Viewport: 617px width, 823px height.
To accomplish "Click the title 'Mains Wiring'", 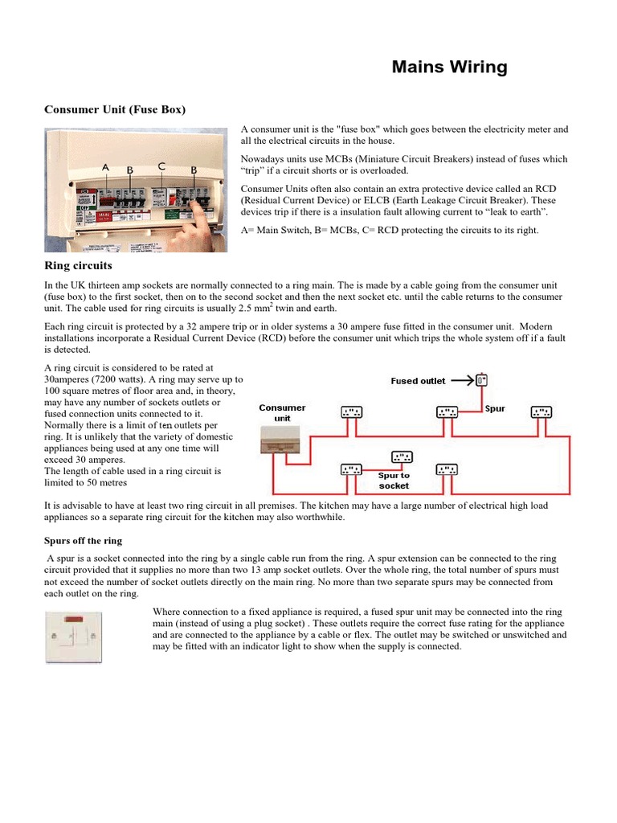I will (449, 68).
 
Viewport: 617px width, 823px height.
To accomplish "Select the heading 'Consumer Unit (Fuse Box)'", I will (114, 109).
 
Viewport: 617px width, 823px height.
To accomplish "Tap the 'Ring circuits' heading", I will (78, 265).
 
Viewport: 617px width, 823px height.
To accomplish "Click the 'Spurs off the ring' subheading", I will (83, 541).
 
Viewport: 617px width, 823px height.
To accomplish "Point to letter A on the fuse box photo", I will (105, 167).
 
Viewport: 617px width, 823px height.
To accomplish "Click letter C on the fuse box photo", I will (161, 166).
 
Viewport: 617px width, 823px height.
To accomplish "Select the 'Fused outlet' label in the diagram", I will (418, 381).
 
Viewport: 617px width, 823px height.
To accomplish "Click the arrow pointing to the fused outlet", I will (462, 380).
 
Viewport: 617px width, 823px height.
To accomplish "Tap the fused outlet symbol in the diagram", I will (481, 380).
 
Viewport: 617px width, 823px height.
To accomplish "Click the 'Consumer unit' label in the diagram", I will (282, 413).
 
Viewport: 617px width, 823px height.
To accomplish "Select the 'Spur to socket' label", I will (394, 481).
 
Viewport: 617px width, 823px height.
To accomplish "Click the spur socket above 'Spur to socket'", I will (401, 457).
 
